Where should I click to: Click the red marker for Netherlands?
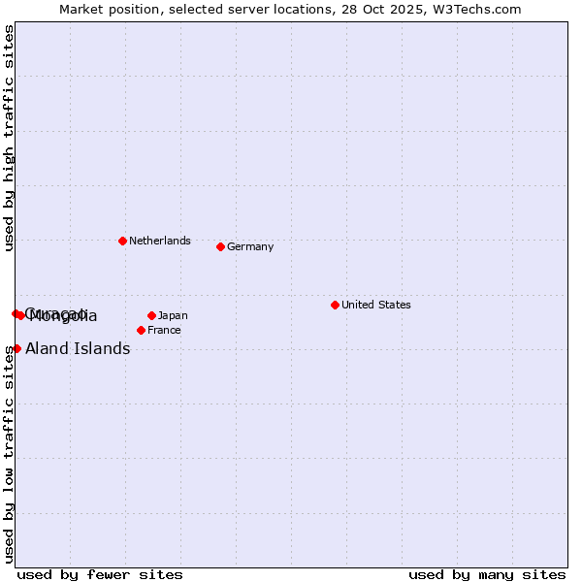click(x=122, y=241)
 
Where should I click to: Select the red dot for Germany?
click(x=220, y=246)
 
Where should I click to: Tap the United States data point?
click(x=335, y=305)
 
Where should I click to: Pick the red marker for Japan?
click(x=151, y=315)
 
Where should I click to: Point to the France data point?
click(x=141, y=330)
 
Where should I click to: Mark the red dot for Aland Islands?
click(x=16, y=348)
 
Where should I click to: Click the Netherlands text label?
click(x=160, y=241)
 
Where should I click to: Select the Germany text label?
click(x=250, y=246)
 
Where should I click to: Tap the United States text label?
click(x=375, y=305)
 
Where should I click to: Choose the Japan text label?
click(x=173, y=315)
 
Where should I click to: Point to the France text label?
click(x=164, y=330)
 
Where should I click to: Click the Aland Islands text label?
click(x=78, y=349)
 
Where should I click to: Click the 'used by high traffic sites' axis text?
click(x=9, y=138)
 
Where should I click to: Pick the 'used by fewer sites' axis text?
click(x=100, y=574)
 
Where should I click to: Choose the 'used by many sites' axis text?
click(x=487, y=574)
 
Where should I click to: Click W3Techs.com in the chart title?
click(x=476, y=9)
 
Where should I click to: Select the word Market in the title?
click(x=80, y=9)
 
